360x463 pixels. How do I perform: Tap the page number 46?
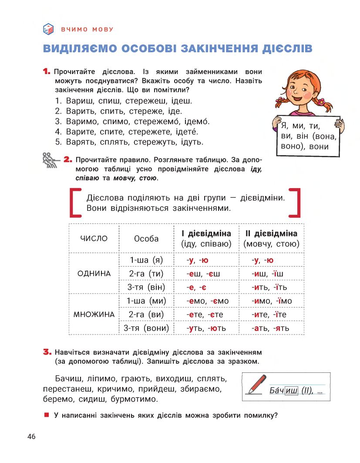pyautogui.click(x=31, y=437)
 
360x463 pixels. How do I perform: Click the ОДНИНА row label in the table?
pyautogui.click(x=94, y=274)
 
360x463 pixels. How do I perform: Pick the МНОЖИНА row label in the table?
pyautogui.click(x=94, y=314)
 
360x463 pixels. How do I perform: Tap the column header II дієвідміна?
pyautogui.click(x=271, y=233)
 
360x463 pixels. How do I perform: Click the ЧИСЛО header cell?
pyautogui.click(x=94, y=238)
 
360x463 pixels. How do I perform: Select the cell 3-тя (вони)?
pyautogui.click(x=146, y=328)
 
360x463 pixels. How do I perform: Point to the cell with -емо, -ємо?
pyautogui.click(x=207, y=301)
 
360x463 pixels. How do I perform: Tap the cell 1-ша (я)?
pyautogui.click(x=146, y=260)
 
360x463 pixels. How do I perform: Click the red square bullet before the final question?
pyautogui.click(x=46, y=415)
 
